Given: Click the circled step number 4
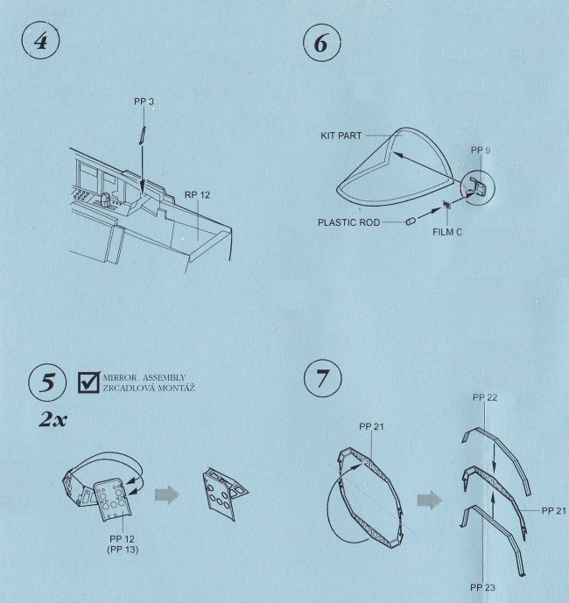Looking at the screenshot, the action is tap(41, 41).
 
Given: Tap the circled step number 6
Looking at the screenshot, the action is tap(321, 43).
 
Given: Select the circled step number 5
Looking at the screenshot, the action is tap(47, 383).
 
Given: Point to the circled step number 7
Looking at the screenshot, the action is tap(322, 378).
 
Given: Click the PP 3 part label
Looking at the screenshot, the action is tap(144, 102).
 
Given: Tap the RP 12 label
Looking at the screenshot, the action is tap(197, 195).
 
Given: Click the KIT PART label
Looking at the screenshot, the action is tap(341, 136).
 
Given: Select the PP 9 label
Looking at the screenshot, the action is tap(481, 151).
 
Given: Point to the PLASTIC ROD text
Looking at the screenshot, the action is tap(348, 222).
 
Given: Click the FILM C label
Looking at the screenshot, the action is tap(447, 232).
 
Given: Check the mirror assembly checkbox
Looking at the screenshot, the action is tap(89, 382).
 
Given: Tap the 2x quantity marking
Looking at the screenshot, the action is tap(53, 419).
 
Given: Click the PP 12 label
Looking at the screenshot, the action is tap(122, 539).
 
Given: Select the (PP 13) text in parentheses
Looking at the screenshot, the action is tap(123, 550).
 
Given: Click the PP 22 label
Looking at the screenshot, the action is tap(485, 397).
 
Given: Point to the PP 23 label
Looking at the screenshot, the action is tap(483, 588).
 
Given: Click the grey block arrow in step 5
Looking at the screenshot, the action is tap(167, 495).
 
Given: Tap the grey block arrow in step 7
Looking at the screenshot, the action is tap(430, 501).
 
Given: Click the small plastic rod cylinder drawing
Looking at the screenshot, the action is tap(411, 221).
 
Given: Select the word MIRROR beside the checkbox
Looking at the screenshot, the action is tap(120, 378).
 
